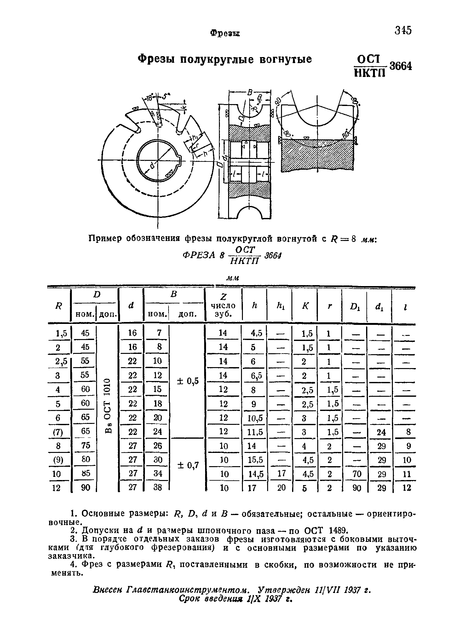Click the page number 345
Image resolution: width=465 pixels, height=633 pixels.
(403, 30)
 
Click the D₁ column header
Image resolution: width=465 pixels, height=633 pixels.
(355, 306)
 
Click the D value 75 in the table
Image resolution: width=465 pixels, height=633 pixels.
(85, 445)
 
